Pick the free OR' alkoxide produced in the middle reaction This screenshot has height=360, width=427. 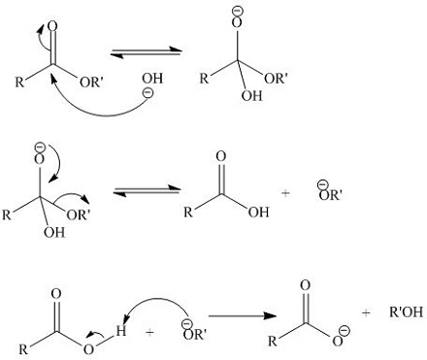click(330, 193)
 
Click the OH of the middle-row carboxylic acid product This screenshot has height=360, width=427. click(258, 213)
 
